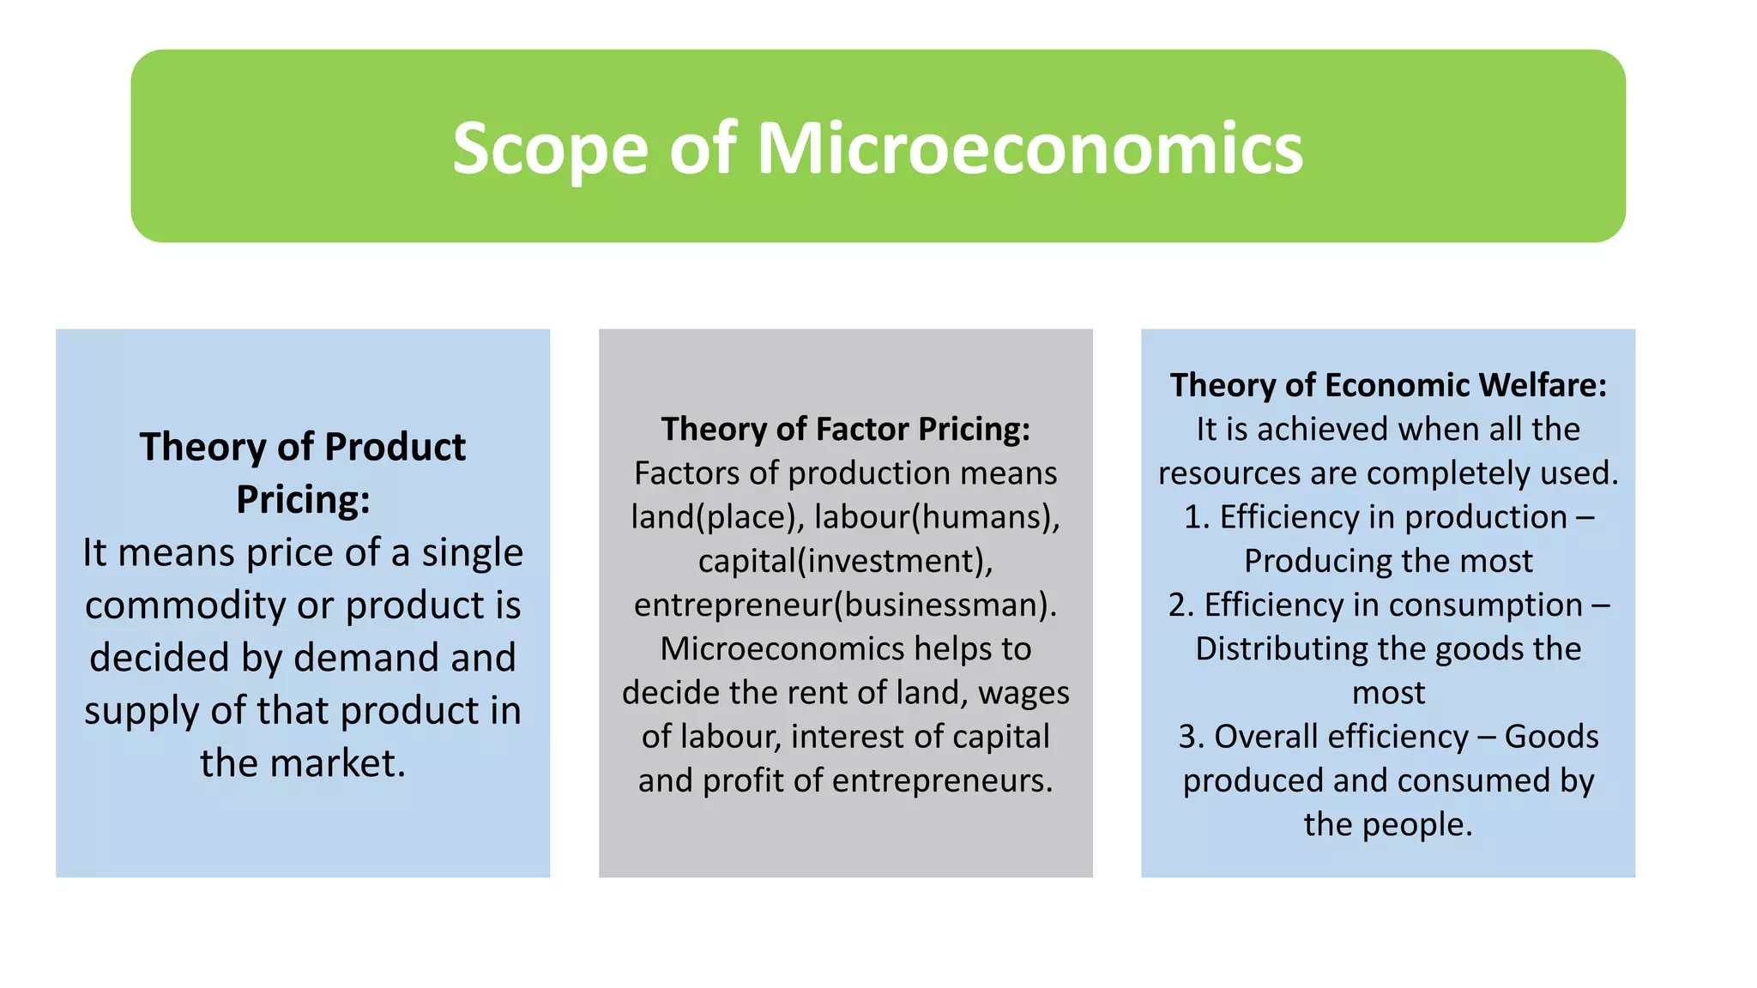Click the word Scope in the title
pyautogui.click(x=549, y=149)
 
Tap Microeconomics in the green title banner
pyautogui.click(x=1029, y=149)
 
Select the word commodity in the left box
pyautogui.click(x=184, y=605)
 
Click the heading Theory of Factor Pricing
pyautogui.click(x=845, y=429)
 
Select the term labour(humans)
pyautogui.click(x=937, y=517)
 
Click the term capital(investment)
pyautogui.click(x=845, y=561)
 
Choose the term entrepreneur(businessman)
pyautogui.click(x=845, y=605)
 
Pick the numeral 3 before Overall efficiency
pyautogui.click(x=1186, y=737)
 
